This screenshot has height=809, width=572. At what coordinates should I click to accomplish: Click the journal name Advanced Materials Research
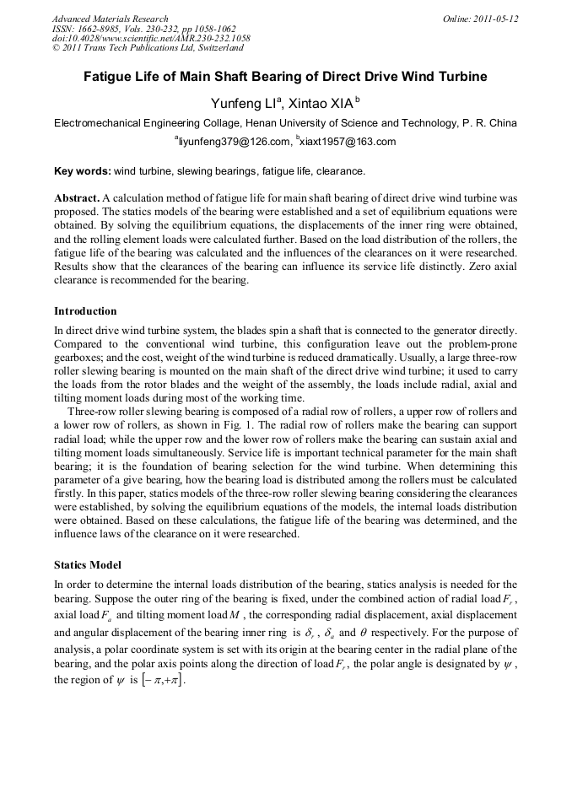pos(110,19)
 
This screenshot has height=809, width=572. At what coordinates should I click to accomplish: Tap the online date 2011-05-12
pos(493,19)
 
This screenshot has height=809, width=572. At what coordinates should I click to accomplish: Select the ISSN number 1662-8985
pos(100,29)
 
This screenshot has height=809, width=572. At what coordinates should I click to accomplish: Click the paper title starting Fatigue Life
pos(285,77)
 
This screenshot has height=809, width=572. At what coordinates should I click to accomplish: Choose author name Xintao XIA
pos(323,103)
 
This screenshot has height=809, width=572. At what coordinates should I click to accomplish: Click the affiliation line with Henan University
pos(285,123)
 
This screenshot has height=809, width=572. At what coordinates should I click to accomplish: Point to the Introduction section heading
pos(85,311)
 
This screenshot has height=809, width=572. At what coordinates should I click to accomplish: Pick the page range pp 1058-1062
pos(203,29)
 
